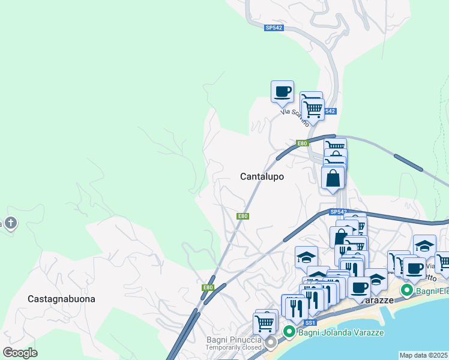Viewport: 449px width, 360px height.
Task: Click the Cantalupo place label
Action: pyautogui.click(x=262, y=176)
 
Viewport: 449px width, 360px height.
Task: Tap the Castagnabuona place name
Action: pyautogui.click(x=61, y=298)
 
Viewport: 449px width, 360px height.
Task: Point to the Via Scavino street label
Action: pyautogui.click(x=295, y=116)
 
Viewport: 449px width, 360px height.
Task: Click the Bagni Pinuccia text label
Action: pyautogui.click(x=234, y=340)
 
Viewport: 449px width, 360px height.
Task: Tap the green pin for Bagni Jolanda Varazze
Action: pyautogui.click(x=288, y=331)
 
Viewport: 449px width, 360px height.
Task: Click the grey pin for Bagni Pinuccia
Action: pyautogui.click(x=271, y=342)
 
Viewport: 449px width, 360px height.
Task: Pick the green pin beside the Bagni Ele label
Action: pyautogui.click(x=406, y=291)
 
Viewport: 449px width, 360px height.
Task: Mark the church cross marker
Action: pyautogui.click(x=10, y=224)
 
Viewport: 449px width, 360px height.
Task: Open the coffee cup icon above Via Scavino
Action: pyautogui.click(x=282, y=92)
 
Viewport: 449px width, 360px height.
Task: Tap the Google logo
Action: pyautogui.click(x=20, y=352)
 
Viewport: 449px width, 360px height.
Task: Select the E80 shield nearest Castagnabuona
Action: pyautogui.click(x=208, y=287)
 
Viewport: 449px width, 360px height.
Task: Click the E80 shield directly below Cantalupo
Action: pyautogui.click(x=243, y=217)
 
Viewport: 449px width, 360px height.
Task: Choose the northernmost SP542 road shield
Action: pyautogui.click(x=273, y=28)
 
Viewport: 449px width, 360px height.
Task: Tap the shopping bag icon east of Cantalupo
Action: pyautogui.click(x=333, y=178)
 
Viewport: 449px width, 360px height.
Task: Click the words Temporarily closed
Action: pyautogui.click(x=234, y=347)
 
